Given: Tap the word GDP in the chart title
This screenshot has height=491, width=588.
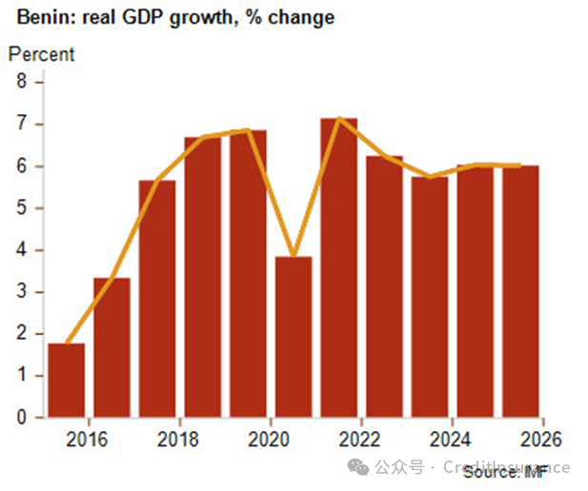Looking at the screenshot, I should pyautogui.click(x=125, y=17).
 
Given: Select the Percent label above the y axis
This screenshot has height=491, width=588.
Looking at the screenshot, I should pyautogui.click(x=40, y=54).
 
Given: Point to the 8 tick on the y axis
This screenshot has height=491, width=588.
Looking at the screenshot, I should pyautogui.click(x=22, y=82).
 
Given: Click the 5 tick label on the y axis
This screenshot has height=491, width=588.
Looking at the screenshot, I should pyautogui.click(x=22, y=208).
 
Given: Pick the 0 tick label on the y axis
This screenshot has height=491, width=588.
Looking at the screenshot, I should pyautogui.click(x=22, y=418).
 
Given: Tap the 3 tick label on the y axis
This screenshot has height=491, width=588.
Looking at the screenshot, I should pyautogui.click(x=22, y=292).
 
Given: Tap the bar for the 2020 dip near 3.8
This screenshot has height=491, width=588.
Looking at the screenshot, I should pyautogui.click(x=294, y=338).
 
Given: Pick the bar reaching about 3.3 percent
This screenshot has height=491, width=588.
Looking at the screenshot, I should pyautogui.click(x=112, y=347).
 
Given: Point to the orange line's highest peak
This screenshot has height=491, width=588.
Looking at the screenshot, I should pyautogui.click(x=338, y=119).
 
